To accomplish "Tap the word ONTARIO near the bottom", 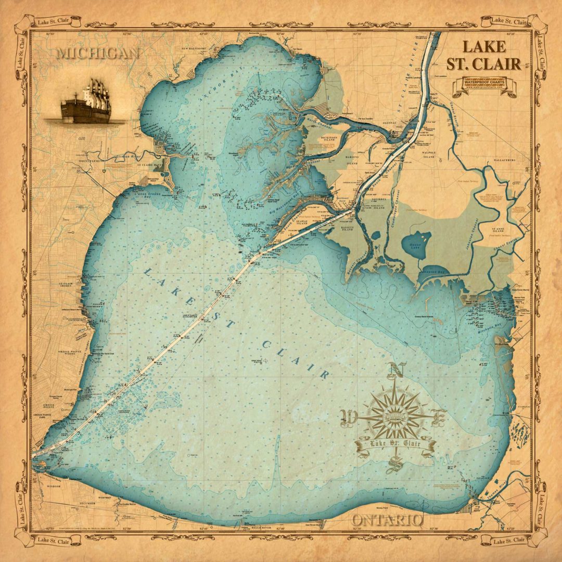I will tap(387, 520).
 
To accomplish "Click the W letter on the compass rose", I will tap(347, 416).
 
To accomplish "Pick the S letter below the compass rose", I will tap(394, 463).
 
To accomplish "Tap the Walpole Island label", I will tap(429, 155).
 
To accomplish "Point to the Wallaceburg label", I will tap(503, 161).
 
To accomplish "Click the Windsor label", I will tap(54, 486).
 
